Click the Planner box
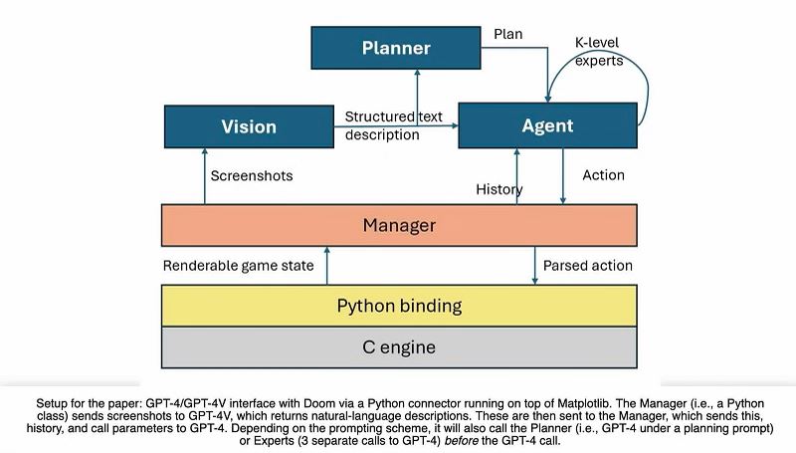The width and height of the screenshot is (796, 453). point(396,48)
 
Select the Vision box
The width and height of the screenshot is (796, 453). point(249,126)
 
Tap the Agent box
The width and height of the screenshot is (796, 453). point(548,125)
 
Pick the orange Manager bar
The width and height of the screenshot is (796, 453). point(399,225)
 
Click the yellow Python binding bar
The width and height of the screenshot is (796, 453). point(399,306)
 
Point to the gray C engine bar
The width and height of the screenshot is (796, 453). point(399,347)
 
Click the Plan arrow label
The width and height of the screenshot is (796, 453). point(508,34)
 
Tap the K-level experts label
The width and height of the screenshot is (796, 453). point(599,52)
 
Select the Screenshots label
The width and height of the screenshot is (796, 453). point(252,175)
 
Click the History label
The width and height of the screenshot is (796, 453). point(499,189)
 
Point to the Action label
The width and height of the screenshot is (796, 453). point(603,175)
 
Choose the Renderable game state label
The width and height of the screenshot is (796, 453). point(239,266)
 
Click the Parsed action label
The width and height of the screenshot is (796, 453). point(588,266)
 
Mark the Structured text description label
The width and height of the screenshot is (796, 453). point(393,125)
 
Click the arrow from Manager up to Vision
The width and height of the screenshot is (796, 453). point(205,176)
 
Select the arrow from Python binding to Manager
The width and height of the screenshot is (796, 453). point(327,266)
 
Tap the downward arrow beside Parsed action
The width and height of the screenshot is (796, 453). point(534,266)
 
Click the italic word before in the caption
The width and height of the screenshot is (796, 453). point(461,441)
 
